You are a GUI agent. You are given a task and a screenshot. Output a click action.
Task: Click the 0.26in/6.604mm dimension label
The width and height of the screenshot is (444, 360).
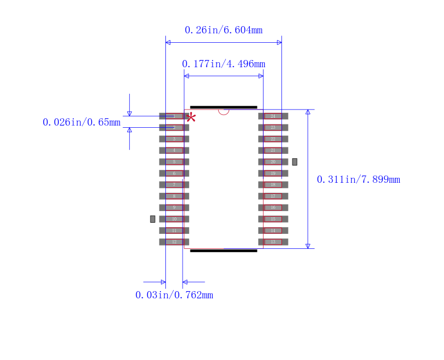(x=223, y=30)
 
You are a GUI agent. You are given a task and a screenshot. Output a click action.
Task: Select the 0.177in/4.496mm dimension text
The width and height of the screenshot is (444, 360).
(x=223, y=64)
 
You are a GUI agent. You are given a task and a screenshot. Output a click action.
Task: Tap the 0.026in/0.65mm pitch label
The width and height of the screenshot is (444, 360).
(x=82, y=122)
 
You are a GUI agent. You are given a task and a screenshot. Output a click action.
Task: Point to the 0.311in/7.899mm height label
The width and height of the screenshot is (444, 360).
(x=358, y=179)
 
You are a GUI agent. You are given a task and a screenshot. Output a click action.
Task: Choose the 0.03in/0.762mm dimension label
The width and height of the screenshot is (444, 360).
(x=174, y=295)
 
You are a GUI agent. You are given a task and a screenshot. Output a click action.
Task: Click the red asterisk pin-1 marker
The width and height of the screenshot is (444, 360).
(x=191, y=117)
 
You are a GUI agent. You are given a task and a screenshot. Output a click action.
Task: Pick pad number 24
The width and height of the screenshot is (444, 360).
(x=273, y=116)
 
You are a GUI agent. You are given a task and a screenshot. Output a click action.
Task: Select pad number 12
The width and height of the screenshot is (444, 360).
(x=174, y=242)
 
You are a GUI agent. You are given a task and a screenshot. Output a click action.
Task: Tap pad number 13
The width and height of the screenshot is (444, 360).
(x=273, y=242)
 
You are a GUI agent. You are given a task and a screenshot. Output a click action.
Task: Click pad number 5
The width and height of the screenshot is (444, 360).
(x=174, y=162)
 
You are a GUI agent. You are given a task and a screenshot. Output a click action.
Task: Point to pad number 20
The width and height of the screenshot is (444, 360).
(x=273, y=162)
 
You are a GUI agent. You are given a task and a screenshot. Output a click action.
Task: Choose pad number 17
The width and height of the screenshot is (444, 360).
(x=273, y=196)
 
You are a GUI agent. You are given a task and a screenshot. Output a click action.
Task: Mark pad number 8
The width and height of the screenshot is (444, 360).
(x=174, y=196)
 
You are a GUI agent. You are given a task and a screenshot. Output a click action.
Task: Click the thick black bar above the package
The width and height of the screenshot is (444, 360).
(x=223, y=107)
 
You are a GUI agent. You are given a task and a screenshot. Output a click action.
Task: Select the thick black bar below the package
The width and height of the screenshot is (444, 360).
(x=223, y=251)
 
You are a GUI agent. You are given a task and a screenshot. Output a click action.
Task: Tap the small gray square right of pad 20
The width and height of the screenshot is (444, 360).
(x=295, y=162)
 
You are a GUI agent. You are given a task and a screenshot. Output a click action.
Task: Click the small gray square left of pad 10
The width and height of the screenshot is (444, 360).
(x=153, y=219)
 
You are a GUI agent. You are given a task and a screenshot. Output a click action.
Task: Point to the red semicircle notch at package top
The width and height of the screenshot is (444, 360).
(x=224, y=112)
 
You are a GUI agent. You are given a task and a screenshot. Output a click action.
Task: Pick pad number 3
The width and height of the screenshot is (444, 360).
(x=174, y=139)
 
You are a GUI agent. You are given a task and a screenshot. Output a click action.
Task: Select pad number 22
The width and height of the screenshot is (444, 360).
(x=273, y=139)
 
